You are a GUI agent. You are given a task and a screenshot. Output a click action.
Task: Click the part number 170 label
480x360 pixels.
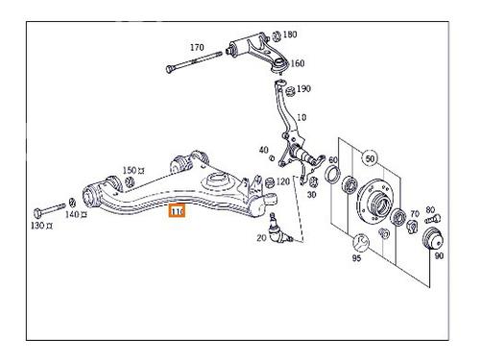coord(197,47)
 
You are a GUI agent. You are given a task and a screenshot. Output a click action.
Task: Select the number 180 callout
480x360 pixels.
coord(290,34)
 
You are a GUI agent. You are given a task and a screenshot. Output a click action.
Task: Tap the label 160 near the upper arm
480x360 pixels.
coord(297,64)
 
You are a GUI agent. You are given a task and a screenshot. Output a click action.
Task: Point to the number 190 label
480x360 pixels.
coord(303,89)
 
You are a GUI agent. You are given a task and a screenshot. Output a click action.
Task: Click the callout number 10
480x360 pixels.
coord(301,118)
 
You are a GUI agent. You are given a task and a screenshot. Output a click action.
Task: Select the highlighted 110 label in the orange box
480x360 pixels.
coord(178,212)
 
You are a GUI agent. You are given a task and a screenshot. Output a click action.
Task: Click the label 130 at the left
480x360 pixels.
coord(39,226)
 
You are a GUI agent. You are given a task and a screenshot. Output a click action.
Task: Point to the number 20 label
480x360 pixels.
coord(260,237)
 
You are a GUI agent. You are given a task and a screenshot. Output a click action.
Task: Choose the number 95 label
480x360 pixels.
coord(356,256)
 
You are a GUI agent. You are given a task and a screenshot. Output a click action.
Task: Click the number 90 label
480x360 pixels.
coord(440,256)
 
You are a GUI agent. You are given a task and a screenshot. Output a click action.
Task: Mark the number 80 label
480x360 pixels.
coord(429,209)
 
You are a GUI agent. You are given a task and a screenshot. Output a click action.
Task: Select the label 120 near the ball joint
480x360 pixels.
coord(283,182)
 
